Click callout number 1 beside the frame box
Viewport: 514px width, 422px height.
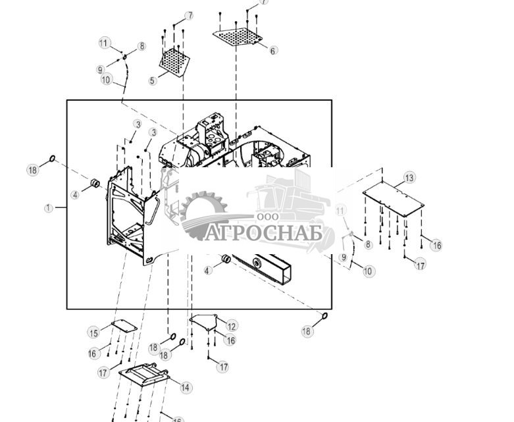49,208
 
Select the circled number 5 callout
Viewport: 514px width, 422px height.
153,81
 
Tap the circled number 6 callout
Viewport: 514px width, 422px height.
273,50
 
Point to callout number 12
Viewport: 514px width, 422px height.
232,326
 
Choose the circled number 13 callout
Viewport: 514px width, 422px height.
409,178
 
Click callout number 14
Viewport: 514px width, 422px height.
186,388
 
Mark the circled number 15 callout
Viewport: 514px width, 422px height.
93,332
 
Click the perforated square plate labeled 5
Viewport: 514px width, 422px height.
175,61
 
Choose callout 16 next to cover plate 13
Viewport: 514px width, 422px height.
436,245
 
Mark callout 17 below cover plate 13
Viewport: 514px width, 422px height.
419,265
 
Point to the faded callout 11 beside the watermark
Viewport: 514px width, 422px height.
340,210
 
